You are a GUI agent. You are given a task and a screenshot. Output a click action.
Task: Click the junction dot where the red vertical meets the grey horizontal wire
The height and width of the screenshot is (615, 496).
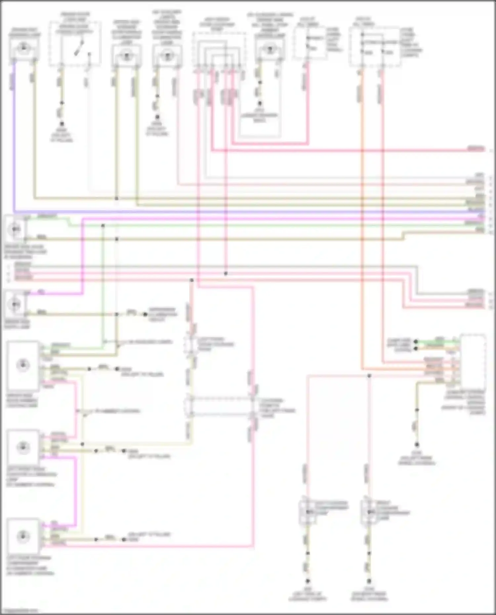coord(226,274)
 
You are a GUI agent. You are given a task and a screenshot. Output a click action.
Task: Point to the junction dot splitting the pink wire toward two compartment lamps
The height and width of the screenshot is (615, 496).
coord(369,376)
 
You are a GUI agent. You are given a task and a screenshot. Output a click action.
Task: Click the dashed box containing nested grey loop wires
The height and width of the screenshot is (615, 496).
coord(219,50)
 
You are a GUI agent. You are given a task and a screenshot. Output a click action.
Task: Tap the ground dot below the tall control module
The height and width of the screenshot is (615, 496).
coord(417,445)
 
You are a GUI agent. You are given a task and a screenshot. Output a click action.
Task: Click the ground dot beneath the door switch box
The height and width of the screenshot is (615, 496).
coord(62,123)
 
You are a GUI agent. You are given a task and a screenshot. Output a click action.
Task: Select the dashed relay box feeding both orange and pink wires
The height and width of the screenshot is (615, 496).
coord(375,47)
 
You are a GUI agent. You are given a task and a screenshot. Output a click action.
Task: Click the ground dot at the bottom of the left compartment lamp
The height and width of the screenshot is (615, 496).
coord(308,581)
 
